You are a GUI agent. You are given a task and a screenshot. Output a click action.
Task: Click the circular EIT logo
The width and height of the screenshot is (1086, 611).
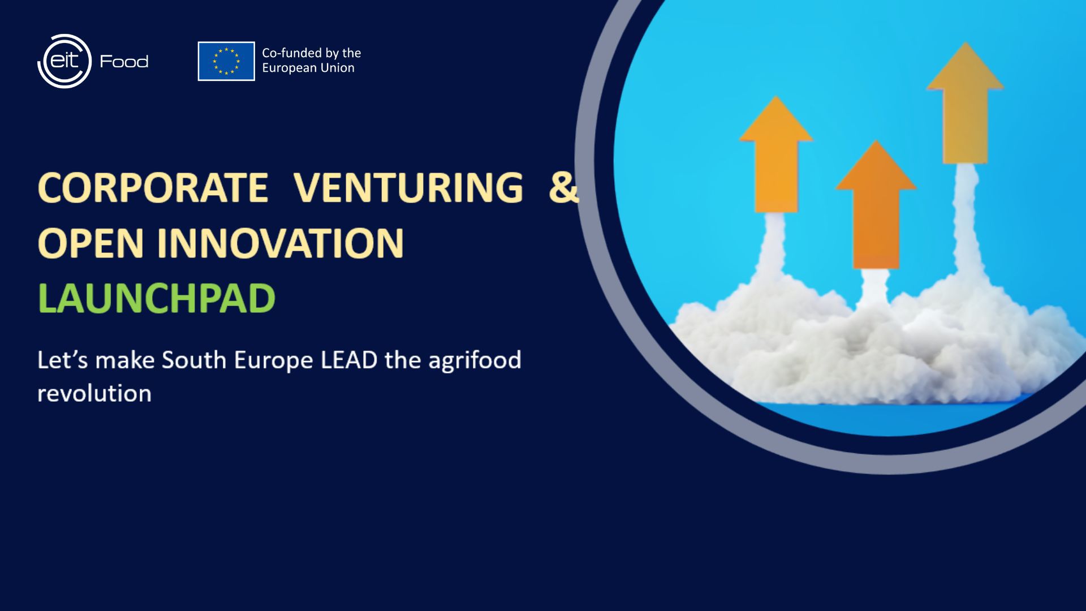pyautogui.click(x=64, y=61)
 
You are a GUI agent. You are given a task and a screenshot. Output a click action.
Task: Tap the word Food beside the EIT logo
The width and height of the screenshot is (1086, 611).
pyautogui.click(x=124, y=61)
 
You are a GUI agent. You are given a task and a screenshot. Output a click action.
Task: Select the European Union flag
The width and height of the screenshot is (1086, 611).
pyautogui.click(x=226, y=61)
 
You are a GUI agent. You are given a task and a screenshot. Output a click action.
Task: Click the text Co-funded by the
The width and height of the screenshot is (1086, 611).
pyautogui.click(x=311, y=53)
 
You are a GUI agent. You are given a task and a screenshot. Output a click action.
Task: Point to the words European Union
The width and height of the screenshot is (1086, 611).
pyautogui.click(x=308, y=68)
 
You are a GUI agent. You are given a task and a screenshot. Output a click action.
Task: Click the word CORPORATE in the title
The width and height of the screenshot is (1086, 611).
pyautogui.click(x=153, y=187)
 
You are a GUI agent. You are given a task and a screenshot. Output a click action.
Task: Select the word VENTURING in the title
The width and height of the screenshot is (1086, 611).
pyautogui.click(x=408, y=187)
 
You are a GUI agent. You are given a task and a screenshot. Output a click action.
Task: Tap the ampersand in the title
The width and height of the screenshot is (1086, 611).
pyautogui.click(x=564, y=187)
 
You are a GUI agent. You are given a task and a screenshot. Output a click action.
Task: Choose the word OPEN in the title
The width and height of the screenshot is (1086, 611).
pyautogui.click(x=90, y=243)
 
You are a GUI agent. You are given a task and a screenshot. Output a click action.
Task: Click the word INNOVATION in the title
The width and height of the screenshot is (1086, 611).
pyautogui.click(x=281, y=243)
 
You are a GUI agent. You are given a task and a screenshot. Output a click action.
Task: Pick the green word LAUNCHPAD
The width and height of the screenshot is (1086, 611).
pyautogui.click(x=157, y=298)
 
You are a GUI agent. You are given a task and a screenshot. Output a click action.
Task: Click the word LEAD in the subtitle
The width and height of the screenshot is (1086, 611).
pyautogui.click(x=349, y=360)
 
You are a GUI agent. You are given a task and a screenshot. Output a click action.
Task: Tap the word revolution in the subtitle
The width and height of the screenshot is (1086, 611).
pyautogui.click(x=94, y=393)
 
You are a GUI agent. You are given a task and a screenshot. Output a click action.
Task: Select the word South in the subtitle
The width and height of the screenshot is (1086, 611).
pyautogui.click(x=194, y=360)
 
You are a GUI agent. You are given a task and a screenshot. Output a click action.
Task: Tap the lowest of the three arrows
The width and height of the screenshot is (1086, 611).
pyautogui.click(x=876, y=205)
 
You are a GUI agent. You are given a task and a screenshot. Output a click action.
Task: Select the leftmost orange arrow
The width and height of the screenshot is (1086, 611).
pyautogui.click(x=776, y=154)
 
